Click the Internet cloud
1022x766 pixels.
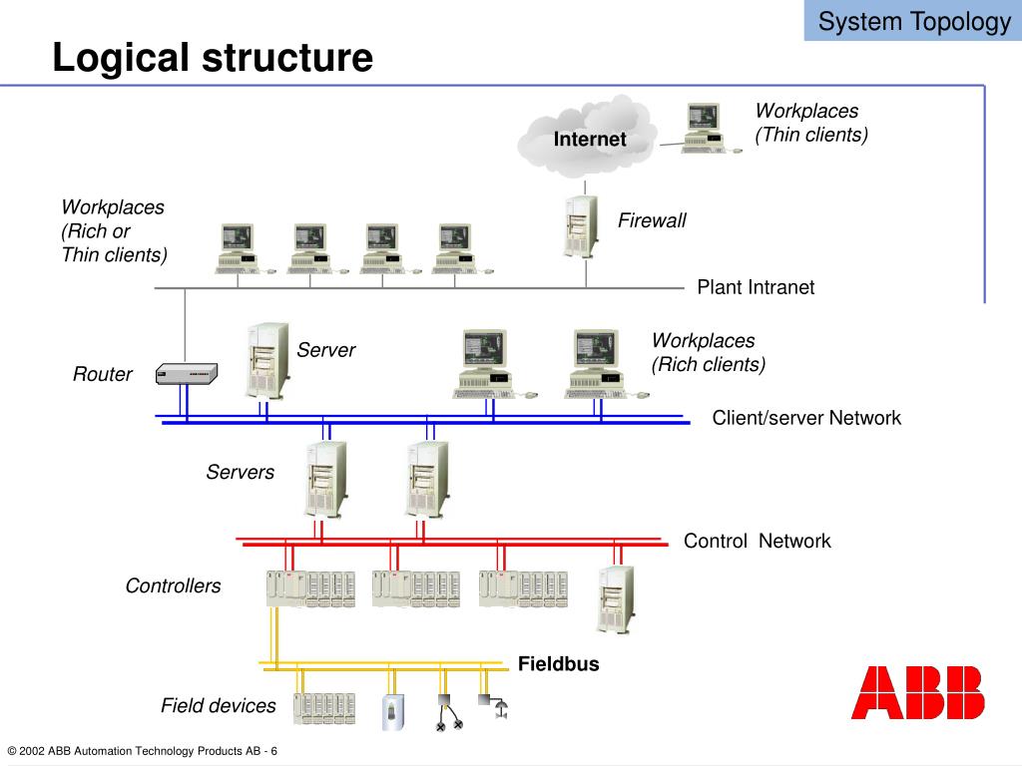coord(586,137)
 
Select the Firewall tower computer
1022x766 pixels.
coord(581,226)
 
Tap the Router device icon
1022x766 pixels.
coord(187,373)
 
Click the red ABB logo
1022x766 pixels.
coord(918,692)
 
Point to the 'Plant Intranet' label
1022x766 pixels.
coord(756,287)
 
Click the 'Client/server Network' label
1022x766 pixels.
coord(806,418)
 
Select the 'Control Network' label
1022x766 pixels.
coord(757,541)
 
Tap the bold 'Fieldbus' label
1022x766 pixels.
coord(559,663)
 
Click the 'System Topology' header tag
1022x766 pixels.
coord(913,21)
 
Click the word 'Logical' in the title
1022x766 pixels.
coord(122,57)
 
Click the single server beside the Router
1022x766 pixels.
coord(267,360)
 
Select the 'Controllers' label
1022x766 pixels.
coord(173,585)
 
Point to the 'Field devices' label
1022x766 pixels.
coord(219,705)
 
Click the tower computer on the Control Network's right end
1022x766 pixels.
coord(616,599)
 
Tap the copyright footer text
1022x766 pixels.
coord(142,751)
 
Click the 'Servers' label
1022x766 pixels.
coord(240,472)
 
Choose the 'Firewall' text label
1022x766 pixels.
coord(652,220)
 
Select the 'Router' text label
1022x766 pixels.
coord(103,374)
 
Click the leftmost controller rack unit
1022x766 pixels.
coord(311,588)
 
